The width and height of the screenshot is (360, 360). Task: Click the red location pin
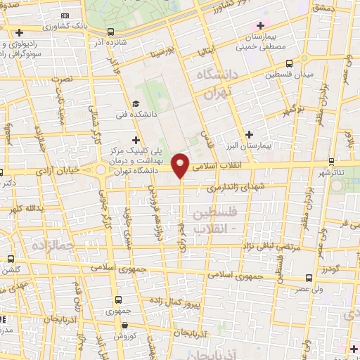click(181, 165)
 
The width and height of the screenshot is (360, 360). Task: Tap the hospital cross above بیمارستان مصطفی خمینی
click(260, 25)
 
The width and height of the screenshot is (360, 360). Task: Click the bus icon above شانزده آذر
click(112, 32)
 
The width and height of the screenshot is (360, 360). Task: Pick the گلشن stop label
click(13, 270)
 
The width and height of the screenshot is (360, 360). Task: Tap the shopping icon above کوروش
click(124, 326)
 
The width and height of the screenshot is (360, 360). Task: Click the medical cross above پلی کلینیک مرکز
click(136, 140)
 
